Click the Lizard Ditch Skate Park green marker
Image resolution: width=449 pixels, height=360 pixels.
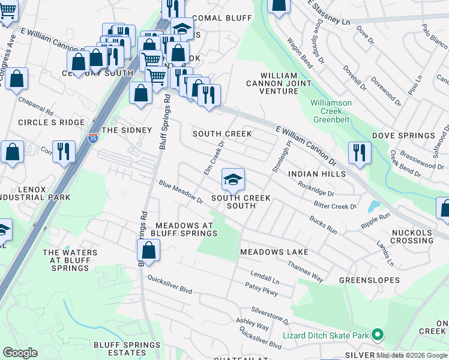click(x=378, y=334)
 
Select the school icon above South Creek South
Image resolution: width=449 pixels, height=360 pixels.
click(x=233, y=179)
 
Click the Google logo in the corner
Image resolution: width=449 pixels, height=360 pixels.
click(x=20, y=352)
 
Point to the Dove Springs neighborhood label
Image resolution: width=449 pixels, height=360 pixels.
click(x=399, y=136)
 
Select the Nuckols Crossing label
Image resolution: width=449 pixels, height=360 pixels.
click(x=412, y=236)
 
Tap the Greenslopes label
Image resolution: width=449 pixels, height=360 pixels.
click(x=369, y=280)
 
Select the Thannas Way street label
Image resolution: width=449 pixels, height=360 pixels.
click(x=305, y=271)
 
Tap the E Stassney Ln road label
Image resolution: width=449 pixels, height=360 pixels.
click(x=328, y=13)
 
